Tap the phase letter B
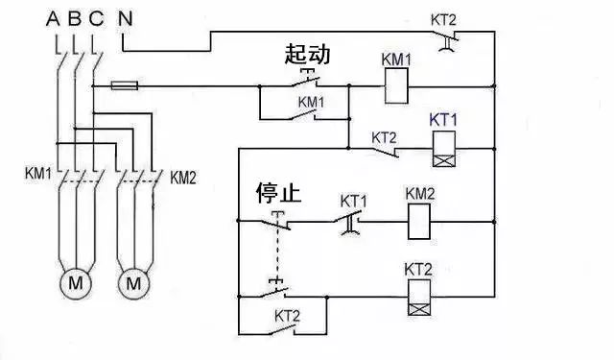click(x=75, y=17)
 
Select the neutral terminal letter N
click(x=124, y=17)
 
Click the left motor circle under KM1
click(x=74, y=283)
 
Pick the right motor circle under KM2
click(x=133, y=283)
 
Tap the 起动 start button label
click(x=307, y=55)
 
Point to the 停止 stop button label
click(x=278, y=195)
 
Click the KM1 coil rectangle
click(x=397, y=88)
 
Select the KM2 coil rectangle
click(x=421, y=224)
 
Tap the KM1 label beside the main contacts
click(x=38, y=175)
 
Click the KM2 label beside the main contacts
click(x=183, y=177)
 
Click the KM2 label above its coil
click(x=420, y=194)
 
